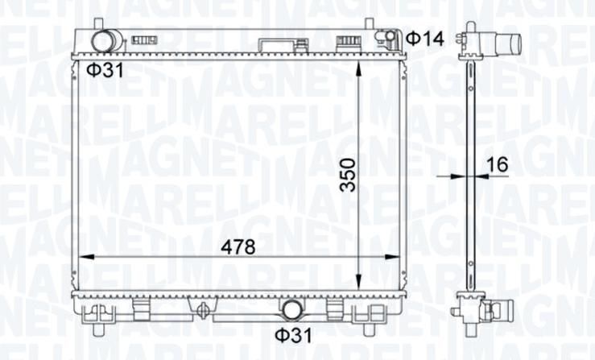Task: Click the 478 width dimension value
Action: point(238,247)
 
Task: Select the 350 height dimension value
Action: point(348,175)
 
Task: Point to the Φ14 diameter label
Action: point(425,39)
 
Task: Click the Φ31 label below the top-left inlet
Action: point(105,70)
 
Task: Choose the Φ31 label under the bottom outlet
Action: point(293,335)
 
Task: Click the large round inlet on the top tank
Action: point(103,40)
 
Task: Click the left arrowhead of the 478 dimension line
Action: point(86,257)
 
